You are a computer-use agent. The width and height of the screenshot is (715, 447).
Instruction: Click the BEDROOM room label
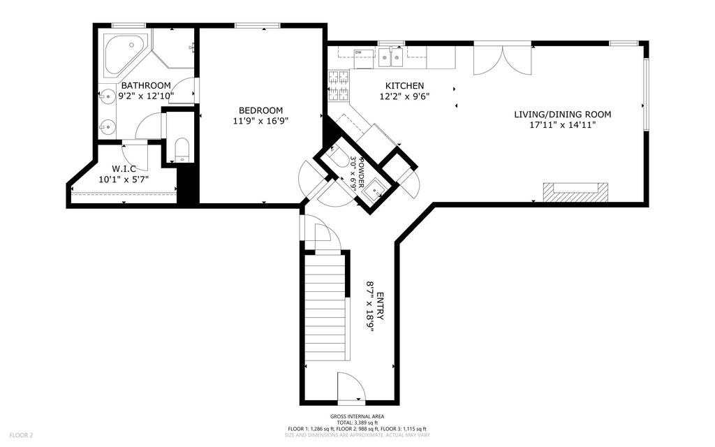coord(260,110)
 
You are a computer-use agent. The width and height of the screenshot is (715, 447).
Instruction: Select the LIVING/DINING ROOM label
coord(562,115)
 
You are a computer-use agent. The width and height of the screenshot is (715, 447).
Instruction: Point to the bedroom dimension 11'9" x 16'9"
coord(260,121)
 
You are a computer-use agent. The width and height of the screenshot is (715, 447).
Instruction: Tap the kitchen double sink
coord(391,57)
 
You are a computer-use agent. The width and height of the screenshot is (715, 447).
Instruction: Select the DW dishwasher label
coord(358,52)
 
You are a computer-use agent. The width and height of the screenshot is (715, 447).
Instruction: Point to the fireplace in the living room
coord(575,191)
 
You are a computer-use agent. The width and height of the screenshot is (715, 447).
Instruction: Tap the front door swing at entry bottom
coord(349,386)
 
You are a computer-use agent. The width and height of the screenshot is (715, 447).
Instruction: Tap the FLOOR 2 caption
coord(20,434)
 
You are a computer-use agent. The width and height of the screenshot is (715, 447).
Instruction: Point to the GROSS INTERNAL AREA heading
coord(357,416)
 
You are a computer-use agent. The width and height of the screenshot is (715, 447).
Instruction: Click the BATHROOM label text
coord(146,85)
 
